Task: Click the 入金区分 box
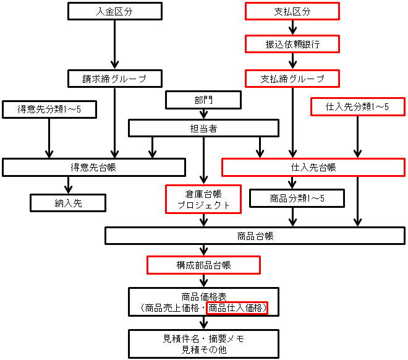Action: tap(114, 11)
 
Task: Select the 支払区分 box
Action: tap(292, 11)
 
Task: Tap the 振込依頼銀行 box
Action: tap(292, 45)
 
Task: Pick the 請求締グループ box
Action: tap(114, 79)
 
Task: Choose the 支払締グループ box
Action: tap(292, 79)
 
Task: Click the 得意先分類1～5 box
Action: tap(50, 109)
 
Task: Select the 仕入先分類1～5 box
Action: tap(357, 106)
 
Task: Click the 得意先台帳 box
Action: tap(94, 167)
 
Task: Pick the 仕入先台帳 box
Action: tap(313, 167)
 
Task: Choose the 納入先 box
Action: tap(68, 202)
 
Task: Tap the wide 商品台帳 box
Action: tap(255, 236)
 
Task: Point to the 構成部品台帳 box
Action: tap(203, 265)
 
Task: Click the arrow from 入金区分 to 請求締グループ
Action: tap(114, 43)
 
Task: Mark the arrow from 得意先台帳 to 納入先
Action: tap(68, 185)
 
